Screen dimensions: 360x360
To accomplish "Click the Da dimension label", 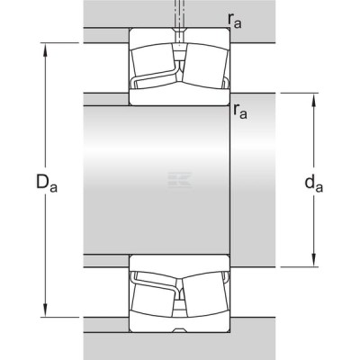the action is [x=47, y=184].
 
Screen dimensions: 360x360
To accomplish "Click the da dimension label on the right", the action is [x=314, y=184].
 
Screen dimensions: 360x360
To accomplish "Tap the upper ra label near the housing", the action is [x=234, y=21].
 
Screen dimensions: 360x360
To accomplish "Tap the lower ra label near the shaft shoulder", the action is [x=240, y=112].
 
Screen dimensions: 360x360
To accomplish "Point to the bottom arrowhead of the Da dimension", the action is [x=45, y=310].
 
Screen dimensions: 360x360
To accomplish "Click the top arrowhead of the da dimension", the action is [x=314, y=100].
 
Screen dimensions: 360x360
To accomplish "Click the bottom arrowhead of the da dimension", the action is [x=314, y=260].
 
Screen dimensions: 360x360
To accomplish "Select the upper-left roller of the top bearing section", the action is [x=153, y=60].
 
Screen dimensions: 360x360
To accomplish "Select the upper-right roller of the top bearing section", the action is [x=205, y=67].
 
